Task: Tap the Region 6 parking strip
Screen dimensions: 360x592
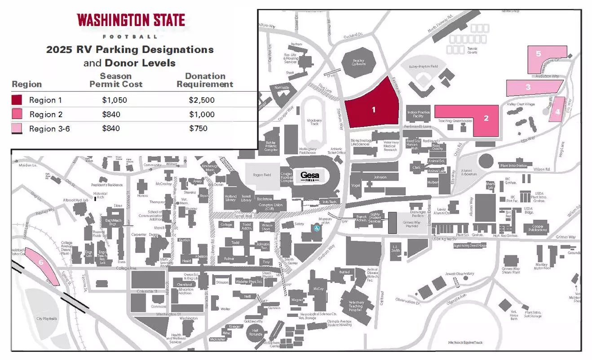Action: (41, 264)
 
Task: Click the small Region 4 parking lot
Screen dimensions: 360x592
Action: (557, 110)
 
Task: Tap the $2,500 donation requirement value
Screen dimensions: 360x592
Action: (202, 100)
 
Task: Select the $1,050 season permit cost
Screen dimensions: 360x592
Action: (115, 100)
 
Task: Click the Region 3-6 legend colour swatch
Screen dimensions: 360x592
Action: (17, 129)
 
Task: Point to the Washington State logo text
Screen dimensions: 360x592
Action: (131, 20)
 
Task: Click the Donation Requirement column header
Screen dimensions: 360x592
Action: (205, 80)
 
